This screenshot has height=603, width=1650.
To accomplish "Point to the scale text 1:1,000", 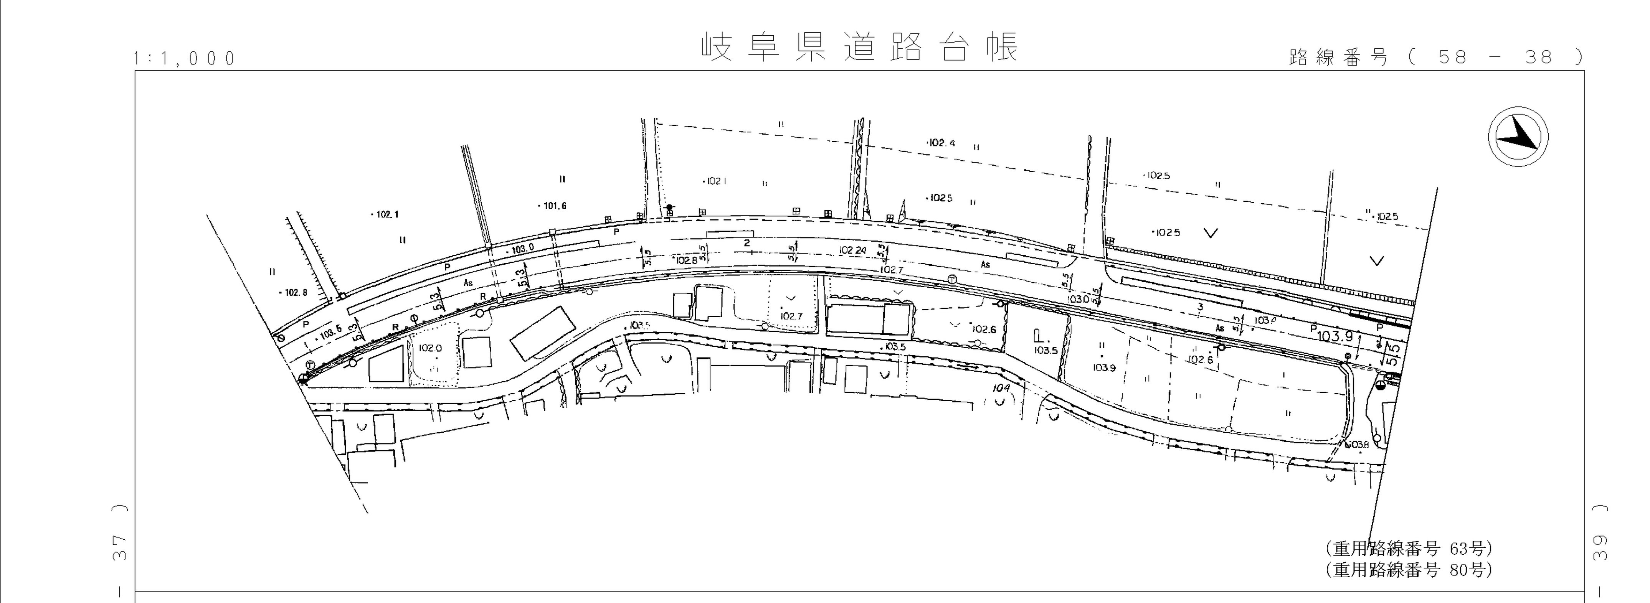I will (185, 59).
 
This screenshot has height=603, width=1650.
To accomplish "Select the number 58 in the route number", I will (1452, 58).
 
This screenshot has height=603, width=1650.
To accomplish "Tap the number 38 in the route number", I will (1539, 58).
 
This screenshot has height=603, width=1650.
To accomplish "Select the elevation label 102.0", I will (430, 348).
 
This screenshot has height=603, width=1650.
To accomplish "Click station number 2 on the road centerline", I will (747, 243).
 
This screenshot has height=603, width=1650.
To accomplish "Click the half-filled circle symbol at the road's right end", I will (1380, 385).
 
